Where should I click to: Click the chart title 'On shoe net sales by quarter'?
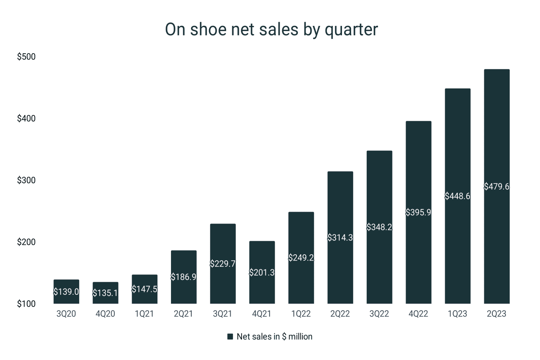pyautogui.click(x=271, y=30)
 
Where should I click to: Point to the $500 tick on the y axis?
pyautogui.click(x=26, y=57)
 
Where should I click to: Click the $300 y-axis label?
pyautogui.click(x=26, y=180)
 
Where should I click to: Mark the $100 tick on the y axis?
pyautogui.click(x=26, y=304)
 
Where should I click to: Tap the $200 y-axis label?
pyautogui.click(x=26, y=242)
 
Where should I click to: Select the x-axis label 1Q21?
pyautogui.click(x=144, y=314)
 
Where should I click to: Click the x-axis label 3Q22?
pyautogui.click(x=379, y=314)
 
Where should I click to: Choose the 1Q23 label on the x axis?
pyautogui.click(x=457, y=314)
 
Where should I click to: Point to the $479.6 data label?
pyautogui.click(x=496, y=187)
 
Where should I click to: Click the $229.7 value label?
pyautogui.click(x=223, y=264)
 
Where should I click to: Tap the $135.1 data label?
pyautogui.click(x=105, y=293)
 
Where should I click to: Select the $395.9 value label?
pyautogui.click(x=418, y=213)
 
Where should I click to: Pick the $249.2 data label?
pyautogui.click(x=301, y=258)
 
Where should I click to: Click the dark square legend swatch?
pyautogui.click(x=230, y=337)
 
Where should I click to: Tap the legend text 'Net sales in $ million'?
pyautogui.click(x=274, y=337)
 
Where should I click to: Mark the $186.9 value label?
pyautogui.click(x=184, y=277)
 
